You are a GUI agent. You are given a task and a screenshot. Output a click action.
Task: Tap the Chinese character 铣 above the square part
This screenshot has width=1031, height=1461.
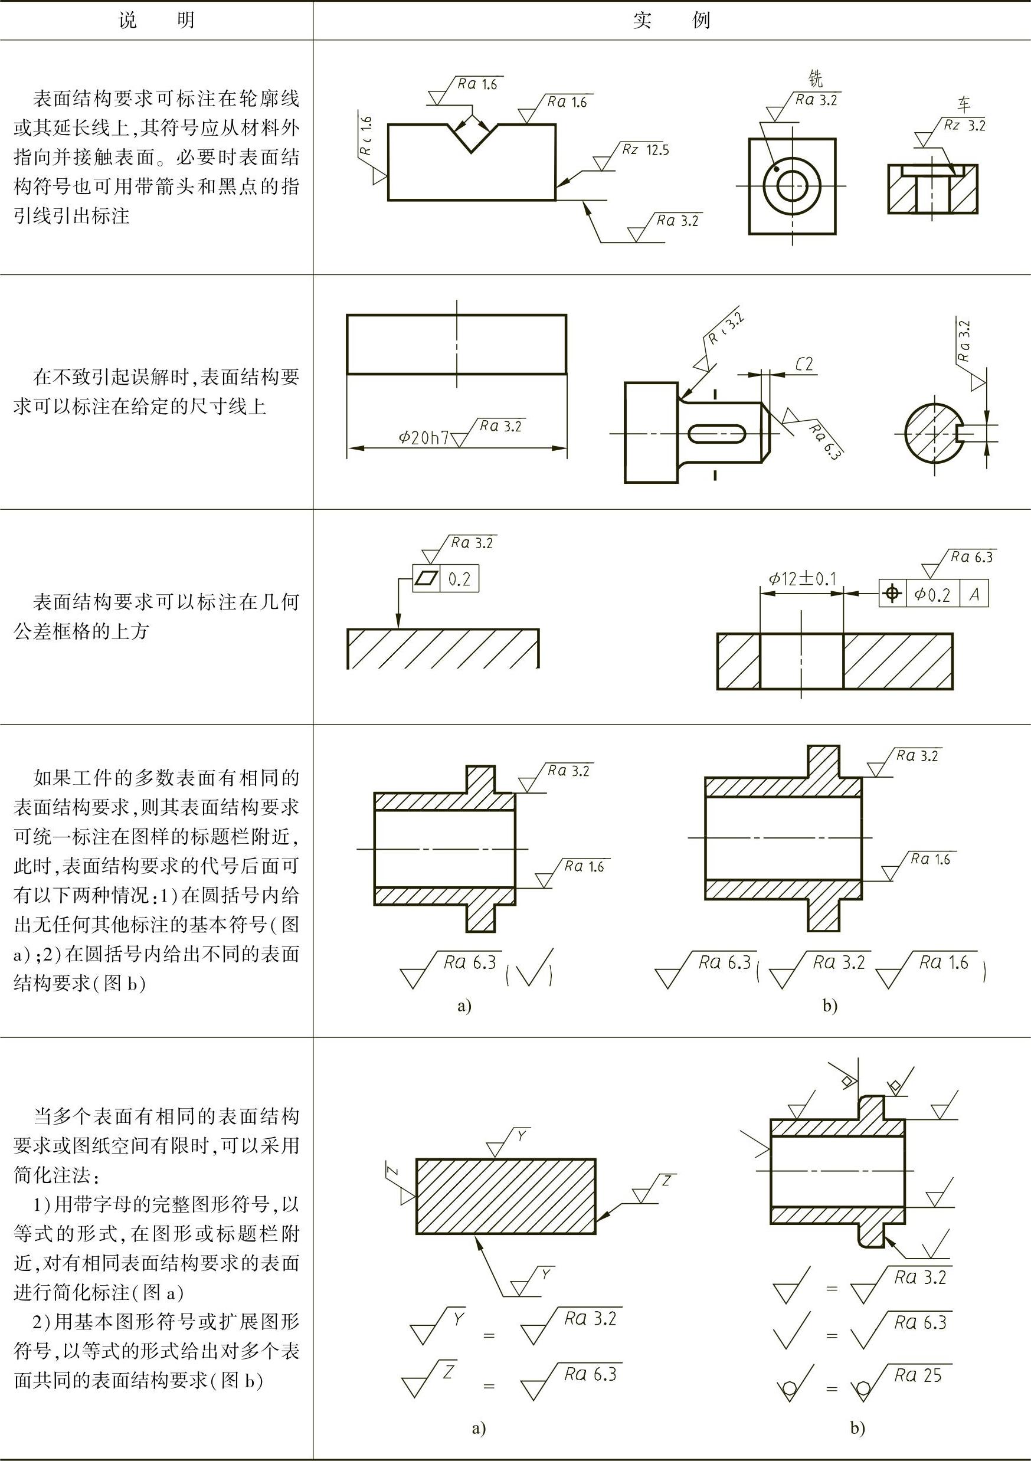click(815, 79)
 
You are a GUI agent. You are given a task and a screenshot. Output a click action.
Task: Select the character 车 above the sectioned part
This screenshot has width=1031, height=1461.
click(965, 104)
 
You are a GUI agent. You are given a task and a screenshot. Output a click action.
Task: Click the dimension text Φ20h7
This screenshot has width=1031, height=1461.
click(423, 437)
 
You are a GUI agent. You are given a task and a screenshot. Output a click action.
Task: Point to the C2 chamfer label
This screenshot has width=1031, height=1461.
click(804, 364)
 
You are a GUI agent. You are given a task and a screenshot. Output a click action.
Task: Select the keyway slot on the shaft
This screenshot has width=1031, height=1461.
click(717, 433)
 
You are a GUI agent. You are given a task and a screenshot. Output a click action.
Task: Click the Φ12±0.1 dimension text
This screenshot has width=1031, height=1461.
click(802, 578)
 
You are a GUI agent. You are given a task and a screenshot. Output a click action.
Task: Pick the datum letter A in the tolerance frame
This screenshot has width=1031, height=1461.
click(974, 594)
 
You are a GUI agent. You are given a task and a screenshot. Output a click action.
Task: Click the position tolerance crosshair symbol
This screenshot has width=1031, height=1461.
click(893, 594)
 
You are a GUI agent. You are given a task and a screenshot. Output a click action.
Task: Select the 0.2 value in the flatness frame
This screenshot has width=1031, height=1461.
click(459, 579)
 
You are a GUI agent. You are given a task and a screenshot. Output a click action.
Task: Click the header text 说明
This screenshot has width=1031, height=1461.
click(156, 21)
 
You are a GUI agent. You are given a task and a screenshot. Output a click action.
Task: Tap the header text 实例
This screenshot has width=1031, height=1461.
click(672, 21)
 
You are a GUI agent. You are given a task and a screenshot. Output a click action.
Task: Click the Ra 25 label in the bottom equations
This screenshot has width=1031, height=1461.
click(917, 1375)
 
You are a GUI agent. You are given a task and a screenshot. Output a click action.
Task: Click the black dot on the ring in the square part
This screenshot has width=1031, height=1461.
click(777, 169)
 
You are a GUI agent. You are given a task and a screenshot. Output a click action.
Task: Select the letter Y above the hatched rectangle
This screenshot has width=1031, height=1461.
click(521, 1136)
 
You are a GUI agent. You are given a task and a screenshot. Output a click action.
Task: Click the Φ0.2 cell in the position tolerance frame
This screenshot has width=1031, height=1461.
click(932, 594)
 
